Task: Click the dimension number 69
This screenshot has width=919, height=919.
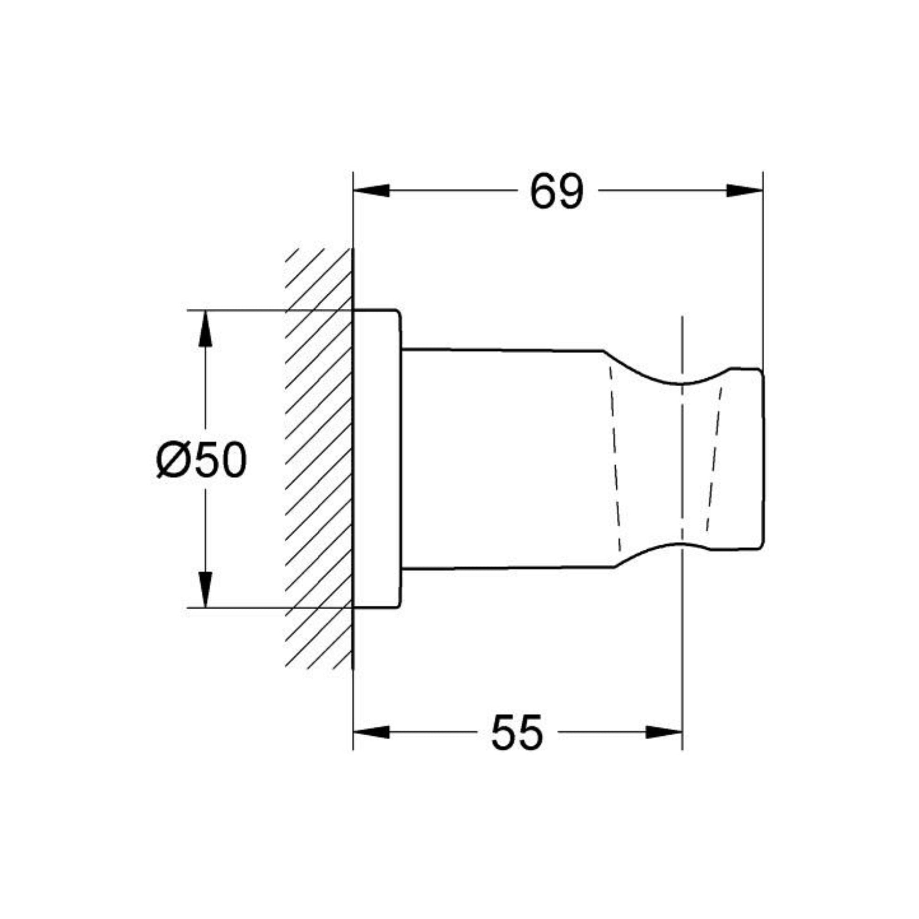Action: (556, 191)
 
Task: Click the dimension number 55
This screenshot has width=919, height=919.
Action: (517, 733)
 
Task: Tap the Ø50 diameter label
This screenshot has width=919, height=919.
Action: (202, 459)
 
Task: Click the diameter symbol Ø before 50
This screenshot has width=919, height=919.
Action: (174, 460)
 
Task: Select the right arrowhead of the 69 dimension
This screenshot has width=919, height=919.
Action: (744, 191)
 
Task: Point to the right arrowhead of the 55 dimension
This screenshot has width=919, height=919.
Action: (664, 732)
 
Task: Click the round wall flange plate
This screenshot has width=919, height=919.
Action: (377, 459)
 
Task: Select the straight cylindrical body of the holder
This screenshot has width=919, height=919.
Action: (504, 459)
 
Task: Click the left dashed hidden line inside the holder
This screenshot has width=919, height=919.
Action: (615, 459)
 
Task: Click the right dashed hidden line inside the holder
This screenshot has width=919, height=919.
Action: (714, 459)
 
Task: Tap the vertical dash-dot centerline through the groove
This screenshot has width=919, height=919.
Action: (682, 459)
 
